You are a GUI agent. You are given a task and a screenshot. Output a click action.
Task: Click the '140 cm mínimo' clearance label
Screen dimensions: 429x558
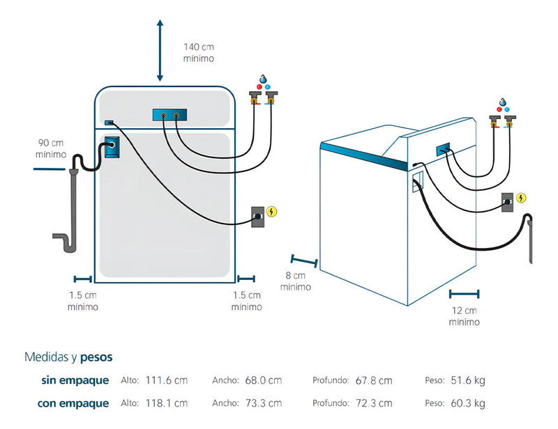(199, 52)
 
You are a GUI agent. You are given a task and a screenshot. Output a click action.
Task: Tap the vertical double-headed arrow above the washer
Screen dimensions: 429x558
(160, 51)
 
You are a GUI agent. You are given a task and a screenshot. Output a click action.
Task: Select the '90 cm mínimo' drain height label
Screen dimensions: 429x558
(52, 149)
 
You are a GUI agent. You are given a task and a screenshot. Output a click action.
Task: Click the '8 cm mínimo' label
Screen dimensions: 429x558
(296, 281)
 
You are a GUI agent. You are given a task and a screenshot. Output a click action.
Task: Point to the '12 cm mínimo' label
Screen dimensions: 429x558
(464, 316)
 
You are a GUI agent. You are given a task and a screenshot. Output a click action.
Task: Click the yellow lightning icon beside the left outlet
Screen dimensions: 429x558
(272, 211)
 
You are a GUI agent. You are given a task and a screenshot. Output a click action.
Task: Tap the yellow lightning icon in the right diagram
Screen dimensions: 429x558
(521, 198)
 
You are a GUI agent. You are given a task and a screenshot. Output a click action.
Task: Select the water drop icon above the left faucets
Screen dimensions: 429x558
(264, 79)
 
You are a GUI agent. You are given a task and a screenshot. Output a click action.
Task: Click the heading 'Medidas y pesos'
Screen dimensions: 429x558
(68, 357)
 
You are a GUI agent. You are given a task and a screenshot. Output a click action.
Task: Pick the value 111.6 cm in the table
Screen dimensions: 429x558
(167, 380)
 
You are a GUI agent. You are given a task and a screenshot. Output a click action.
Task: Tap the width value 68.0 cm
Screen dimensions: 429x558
(263, 380)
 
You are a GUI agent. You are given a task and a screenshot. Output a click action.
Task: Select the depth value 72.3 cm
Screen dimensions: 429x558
(373, 403)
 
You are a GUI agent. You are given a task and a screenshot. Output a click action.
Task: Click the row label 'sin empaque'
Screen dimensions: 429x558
(75, 380)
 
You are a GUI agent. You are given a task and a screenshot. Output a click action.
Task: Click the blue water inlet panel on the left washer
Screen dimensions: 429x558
(169, 116)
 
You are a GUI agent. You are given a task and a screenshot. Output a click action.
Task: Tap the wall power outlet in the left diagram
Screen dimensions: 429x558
(258, 216)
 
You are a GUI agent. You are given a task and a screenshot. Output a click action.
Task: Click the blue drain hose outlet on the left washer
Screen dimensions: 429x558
(112, 149)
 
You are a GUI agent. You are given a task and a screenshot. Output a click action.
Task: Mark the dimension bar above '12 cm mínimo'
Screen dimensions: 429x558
(464, 294)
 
